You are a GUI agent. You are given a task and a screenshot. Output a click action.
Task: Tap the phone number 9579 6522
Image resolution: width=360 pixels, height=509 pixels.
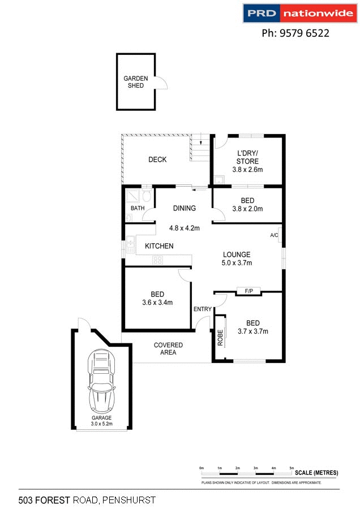pyautogui.click(x=295, y=33)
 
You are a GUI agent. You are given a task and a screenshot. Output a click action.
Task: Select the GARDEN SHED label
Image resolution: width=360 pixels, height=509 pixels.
pyautogui.click(x=136, y=82)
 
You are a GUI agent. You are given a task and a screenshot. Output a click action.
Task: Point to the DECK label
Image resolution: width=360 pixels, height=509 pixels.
pyautogui.click(x=157, y=159)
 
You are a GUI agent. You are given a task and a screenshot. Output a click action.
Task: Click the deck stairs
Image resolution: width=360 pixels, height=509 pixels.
pyautogui.click(x=200, y=148)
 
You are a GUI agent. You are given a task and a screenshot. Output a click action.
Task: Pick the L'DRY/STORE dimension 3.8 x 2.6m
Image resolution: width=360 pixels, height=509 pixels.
pyautogui.click(x=247, y=170)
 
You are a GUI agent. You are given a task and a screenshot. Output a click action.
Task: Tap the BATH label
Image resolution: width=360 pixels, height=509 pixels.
pyautogui.click(x=138, y=208)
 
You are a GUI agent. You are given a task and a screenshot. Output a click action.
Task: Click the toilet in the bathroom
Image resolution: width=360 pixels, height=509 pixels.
pyautogui.click(x=147, y=197)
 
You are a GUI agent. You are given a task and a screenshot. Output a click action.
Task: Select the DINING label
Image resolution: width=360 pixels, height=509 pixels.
pyautogui.click(x=185, y=208)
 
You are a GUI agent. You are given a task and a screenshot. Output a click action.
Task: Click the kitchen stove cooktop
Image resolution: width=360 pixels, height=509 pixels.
pyautogui.click(x=158, y=260)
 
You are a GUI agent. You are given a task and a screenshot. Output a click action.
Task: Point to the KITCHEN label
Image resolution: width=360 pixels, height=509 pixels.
pyautogui.click(x=159, y=246)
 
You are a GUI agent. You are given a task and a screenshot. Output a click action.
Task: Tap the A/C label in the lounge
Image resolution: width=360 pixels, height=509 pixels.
pyautogui.click(x=274, y=235)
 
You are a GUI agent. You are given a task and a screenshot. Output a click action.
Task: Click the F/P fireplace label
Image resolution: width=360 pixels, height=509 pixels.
pyautogui.click(x=248, y=291)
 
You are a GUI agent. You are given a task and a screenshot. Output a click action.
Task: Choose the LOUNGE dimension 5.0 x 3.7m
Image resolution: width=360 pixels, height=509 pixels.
pyautogui.click(x=237, y=262)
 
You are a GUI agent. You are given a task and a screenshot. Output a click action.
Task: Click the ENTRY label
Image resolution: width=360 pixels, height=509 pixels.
pyautogui.click(x=203, y=309)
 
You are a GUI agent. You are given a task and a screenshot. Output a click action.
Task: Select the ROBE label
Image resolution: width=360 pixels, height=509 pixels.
pyautogui.click(x=220, y=338)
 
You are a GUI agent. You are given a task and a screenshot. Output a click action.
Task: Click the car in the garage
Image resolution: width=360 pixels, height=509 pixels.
pyautogui.click(x=102, y=382)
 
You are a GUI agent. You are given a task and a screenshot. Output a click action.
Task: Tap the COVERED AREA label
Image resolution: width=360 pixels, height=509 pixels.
pyautogui.click(x=168, y=348)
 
